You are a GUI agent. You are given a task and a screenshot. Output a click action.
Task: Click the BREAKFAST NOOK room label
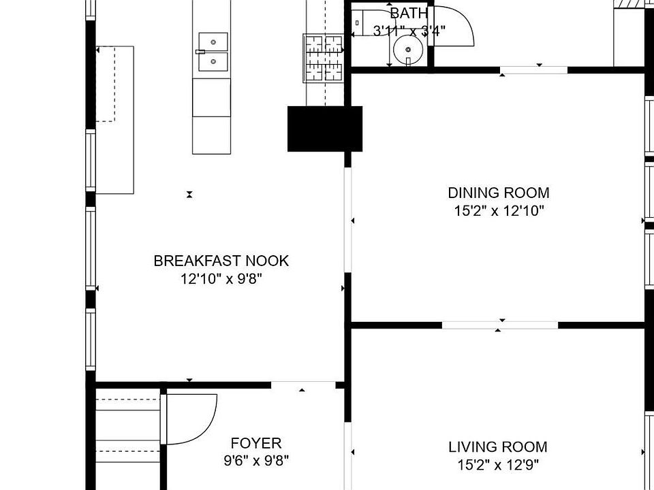pos(221,261)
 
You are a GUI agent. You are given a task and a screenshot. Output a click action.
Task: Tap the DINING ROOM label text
pos(499,193)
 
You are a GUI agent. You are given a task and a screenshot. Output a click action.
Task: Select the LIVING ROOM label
pos(497,447)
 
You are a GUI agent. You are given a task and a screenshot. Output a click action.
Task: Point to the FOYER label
pos(256,443)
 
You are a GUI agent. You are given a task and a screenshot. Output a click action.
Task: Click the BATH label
pos(409,14)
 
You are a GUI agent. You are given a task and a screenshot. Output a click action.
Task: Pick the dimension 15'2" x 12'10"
pos(499,211)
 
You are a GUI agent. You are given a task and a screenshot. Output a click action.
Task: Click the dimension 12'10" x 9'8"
pos(221,279)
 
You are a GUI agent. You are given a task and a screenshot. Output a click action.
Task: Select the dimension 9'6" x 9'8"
pos(256,461)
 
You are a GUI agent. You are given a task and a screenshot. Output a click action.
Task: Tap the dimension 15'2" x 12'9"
pos(498,465)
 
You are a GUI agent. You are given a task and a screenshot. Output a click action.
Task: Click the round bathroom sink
pos(408,50)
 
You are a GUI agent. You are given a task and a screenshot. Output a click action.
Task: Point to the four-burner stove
pos(324,59)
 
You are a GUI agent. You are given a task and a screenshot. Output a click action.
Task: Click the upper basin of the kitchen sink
pos(213,42)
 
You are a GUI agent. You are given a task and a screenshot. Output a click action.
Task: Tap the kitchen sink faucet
pos(200,52)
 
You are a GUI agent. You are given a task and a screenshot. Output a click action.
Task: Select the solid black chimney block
pos(325,129)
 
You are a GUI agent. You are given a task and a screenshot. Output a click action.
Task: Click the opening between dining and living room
pos(499,325)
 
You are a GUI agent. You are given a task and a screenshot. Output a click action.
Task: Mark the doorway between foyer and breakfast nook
pos(303,385)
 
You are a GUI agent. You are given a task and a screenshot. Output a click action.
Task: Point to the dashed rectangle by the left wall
pos(105,84)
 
